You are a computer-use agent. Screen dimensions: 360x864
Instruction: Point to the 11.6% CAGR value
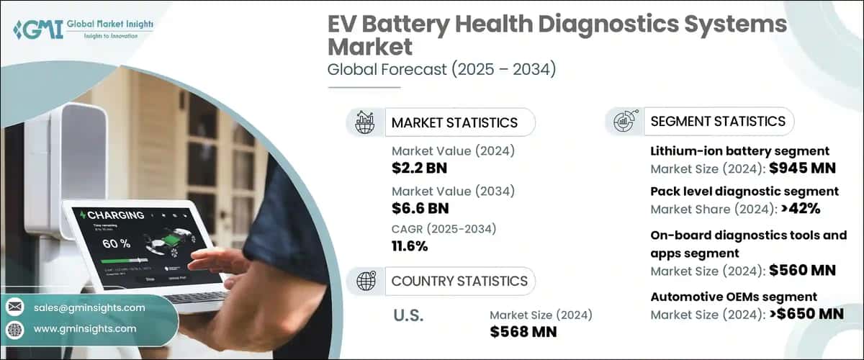[x=410, y=246]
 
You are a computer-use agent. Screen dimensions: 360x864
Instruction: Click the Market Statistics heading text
[x=454, y=122]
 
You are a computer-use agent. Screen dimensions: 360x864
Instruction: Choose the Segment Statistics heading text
[x=718, y=121]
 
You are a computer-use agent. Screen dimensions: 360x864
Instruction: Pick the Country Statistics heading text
[x=459, y=281]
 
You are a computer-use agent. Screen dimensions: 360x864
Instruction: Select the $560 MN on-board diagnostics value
[x=802, y=271]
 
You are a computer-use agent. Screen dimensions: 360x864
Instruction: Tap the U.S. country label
[x=408, y=315]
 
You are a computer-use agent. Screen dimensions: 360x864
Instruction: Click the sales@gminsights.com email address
[x=89, y=307]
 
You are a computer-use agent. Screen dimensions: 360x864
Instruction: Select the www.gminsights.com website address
[x=84, y=328]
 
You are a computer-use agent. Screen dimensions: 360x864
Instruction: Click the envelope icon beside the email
[x=15, y=307]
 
